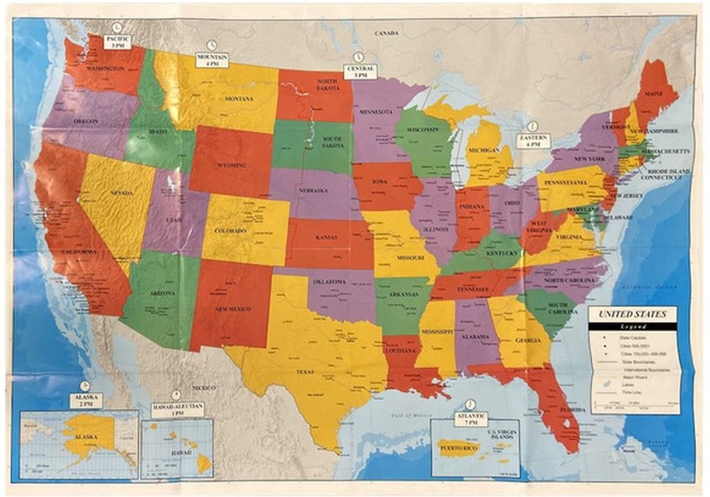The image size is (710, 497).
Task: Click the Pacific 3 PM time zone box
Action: (x=116, y=41)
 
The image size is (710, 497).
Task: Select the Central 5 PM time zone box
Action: (x=359, y=71)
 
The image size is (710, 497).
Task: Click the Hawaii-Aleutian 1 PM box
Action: (x=177, y=408)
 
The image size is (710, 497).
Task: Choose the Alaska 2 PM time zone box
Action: (x=86, y=400)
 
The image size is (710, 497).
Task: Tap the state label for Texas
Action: (x=305, y=372)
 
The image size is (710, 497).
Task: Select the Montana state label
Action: (x=239, y=99)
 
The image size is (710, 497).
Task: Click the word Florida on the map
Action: (x=572, y=410)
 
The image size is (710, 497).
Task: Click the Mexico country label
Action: (x=204, y=387)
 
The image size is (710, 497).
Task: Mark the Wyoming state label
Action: (x=231, y=166)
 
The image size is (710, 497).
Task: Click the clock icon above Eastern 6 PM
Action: (x=533, y=125)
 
